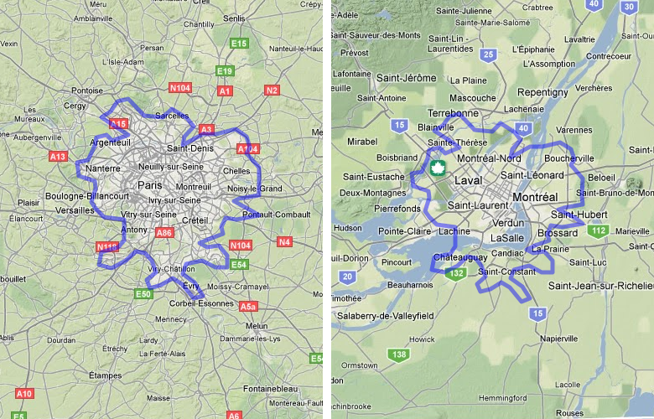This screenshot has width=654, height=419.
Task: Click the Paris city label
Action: (x=149, y=185)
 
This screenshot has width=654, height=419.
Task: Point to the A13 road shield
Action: (x=58, y=156)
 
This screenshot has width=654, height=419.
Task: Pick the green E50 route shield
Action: (x=143, y=294)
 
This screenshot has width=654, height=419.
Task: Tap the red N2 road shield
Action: (x=272, y=90)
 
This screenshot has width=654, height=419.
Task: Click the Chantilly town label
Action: (x=199, y=24)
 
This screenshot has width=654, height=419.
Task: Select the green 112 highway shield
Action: (x=598, y=230)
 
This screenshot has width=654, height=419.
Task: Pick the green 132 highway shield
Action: (x=456, y=273)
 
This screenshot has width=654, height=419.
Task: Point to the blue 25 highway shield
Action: (x=489, y=55)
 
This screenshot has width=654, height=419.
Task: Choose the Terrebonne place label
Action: (x=452, y=112)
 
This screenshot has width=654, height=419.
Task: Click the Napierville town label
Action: (x=560, y=339)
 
